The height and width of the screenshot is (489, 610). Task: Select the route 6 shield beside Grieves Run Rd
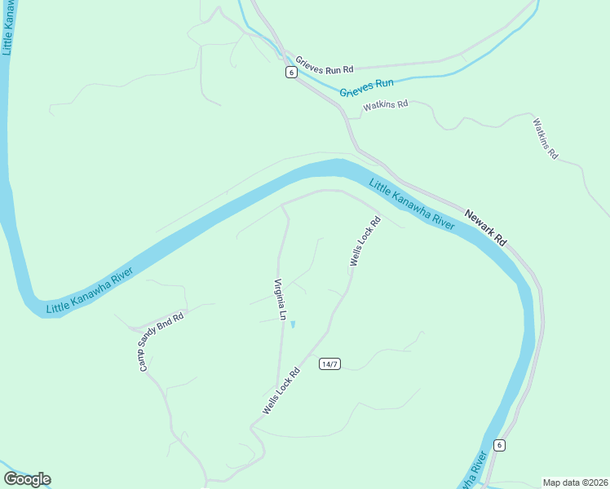pos(291,73)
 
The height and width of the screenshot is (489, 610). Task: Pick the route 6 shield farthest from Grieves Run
pos(499,445)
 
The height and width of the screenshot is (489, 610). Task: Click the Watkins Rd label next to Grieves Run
pos(385,106)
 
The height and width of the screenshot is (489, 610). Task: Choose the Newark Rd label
pos(486,229)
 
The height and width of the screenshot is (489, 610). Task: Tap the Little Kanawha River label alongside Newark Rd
pos(412,204)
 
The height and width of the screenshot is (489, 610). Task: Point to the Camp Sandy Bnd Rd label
pos(161,341)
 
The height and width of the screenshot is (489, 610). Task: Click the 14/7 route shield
pos(329,363)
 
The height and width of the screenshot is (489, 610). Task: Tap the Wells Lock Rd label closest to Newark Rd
pos(365,241)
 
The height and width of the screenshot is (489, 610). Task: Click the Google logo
pos(27,479)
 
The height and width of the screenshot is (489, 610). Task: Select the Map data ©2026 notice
pos(575,482)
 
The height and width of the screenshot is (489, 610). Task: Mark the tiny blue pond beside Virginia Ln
pos(293,325)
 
